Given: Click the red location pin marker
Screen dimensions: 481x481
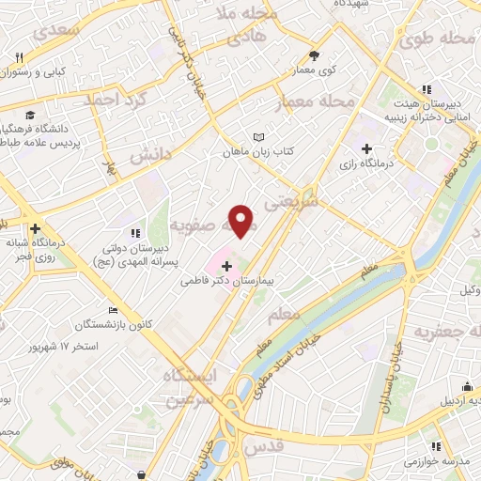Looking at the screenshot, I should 242,221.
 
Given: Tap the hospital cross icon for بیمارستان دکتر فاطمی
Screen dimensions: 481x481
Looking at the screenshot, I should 226,267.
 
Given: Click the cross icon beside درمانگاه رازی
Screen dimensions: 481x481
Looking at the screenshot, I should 367,148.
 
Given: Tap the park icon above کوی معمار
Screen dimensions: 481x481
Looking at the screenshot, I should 314,55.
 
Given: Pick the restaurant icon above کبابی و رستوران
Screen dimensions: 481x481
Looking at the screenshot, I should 20,58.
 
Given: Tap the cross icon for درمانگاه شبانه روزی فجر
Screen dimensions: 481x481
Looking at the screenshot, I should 35,228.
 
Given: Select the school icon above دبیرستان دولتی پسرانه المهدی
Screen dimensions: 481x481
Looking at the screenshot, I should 136,232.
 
